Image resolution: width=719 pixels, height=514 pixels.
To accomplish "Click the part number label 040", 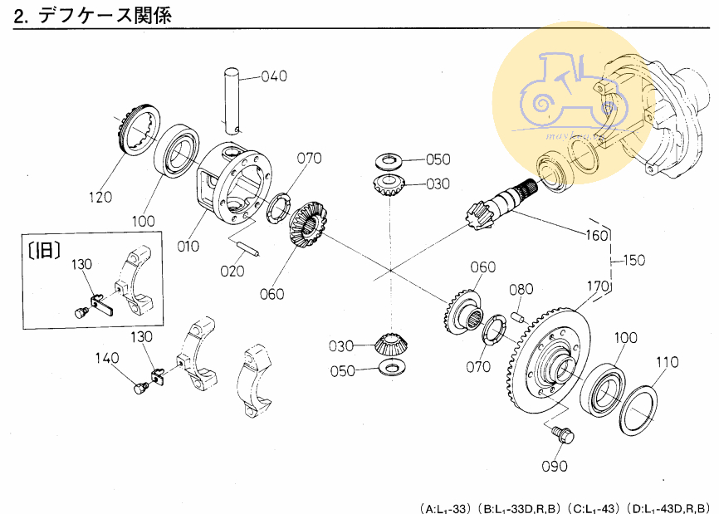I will click(274, 76).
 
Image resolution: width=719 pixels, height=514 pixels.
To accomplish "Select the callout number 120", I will click(100, 197).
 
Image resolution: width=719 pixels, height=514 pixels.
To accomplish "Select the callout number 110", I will click(667, 362).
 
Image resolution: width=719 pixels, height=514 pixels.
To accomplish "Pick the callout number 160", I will click(597, 235).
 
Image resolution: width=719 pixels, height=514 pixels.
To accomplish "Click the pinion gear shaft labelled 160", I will click(498, 203).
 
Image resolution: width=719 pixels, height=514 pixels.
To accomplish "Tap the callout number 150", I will click(633, 260).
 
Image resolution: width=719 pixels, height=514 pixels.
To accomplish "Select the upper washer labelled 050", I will click(389, 158).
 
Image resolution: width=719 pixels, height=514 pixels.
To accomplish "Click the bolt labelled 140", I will click(140, 387).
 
